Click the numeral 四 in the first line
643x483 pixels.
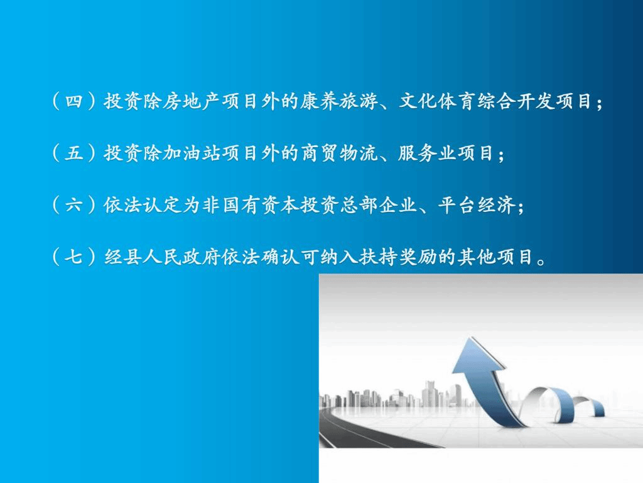point(74,101)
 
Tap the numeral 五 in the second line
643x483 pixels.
point(74,153)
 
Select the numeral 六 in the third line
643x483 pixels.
point(74,205)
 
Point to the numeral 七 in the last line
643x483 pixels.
point(74,257)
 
